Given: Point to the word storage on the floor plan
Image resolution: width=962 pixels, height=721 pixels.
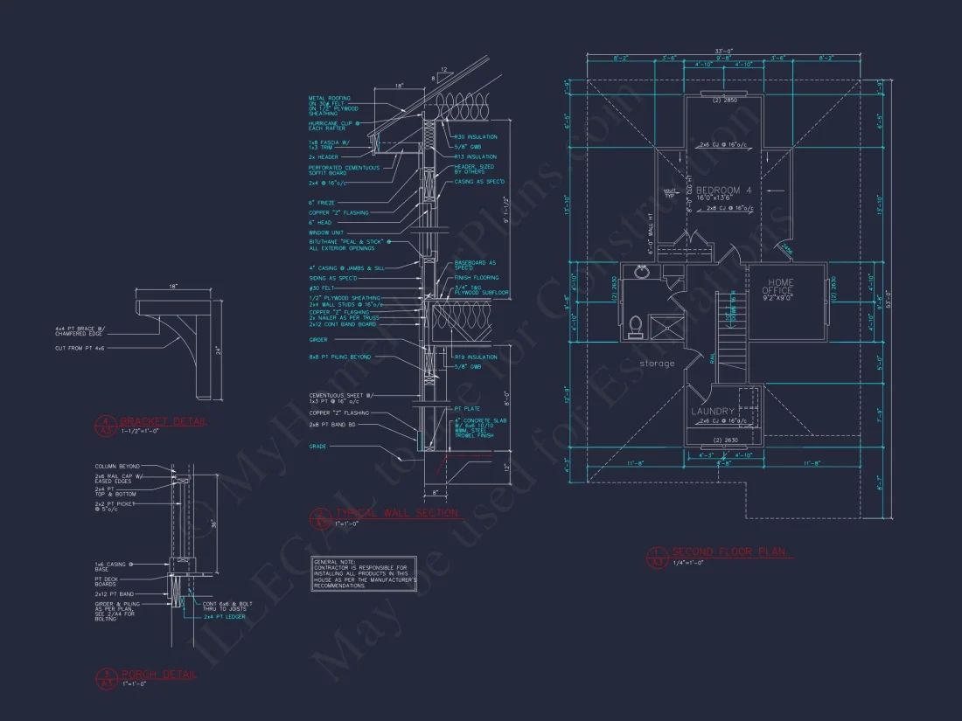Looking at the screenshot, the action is pos(657,363).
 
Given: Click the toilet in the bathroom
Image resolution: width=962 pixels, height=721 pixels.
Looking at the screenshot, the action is pos(637,326).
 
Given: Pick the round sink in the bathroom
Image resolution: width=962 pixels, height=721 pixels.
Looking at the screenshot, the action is pos(642,272).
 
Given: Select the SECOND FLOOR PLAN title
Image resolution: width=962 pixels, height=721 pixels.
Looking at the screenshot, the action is pos(730,552).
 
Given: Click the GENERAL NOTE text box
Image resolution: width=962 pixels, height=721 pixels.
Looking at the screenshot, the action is pos(365,573).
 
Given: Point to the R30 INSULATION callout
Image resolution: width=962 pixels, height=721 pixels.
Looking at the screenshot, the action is pos(476,136).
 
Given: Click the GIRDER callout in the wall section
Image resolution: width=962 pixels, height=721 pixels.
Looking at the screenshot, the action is pos(318,340).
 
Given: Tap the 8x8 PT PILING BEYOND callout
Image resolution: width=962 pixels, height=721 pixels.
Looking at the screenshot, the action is pos(339,358).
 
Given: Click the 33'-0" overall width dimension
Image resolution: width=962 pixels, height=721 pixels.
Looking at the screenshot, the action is pos(721,52).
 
